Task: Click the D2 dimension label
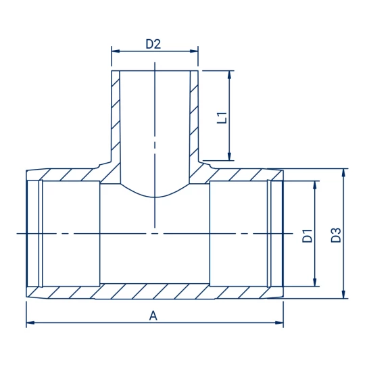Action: point(153,44)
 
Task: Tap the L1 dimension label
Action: point(222,118)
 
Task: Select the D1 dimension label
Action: point(308,236)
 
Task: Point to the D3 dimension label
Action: point(336,235)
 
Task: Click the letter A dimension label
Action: point(153,316)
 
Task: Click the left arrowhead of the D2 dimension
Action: point(116,51)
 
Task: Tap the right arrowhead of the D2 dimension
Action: point(194,51)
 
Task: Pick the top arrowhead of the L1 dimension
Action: point(230,74)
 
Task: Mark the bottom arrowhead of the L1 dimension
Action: point(230,156)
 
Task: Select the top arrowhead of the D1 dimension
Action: point(315,185)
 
